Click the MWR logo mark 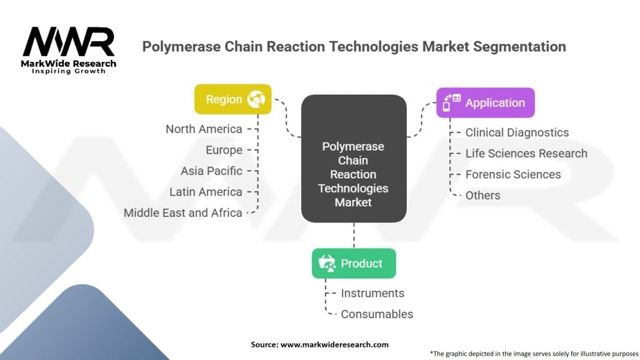[69, 42]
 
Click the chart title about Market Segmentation [354, 47]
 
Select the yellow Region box [232, 99]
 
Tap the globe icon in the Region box [256, 99]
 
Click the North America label [204, 129]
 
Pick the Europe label [224, 150]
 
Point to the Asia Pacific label [211, 171]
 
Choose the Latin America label [206, 192]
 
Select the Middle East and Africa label [182, 212]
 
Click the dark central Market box [354, 159]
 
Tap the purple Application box [486, 102]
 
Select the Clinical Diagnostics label [517, 132]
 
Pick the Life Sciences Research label [526, 153]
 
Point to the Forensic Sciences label [513, 174]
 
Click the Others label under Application [482, 195]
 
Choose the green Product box [354, 263]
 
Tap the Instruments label [372, 293]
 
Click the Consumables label [377, 314]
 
